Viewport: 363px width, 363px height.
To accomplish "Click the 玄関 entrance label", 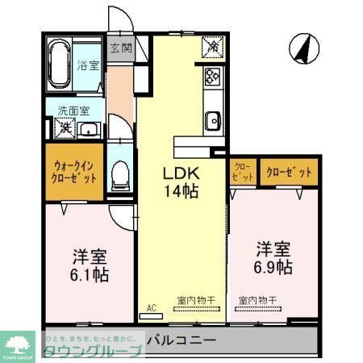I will tap(121, 48).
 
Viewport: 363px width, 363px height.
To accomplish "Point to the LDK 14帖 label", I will tap(182, 182).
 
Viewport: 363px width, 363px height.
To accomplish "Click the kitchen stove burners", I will tap(212, 77).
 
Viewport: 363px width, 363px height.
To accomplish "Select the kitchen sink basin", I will tap(212, 121).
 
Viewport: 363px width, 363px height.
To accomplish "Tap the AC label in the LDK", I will tap(151, 307).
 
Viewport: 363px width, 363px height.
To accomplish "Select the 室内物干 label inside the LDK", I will tap(197, 300).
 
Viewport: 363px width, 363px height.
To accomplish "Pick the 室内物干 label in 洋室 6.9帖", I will tap(257, 300).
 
